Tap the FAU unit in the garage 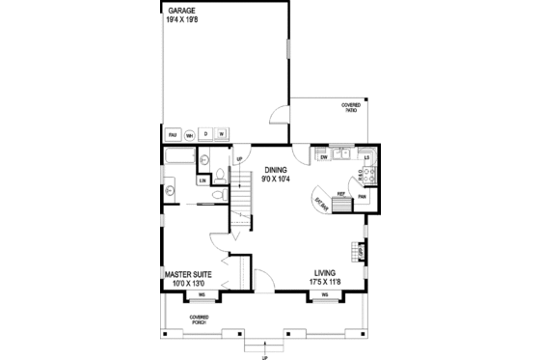click(175, 134)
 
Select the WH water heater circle click(191, 134)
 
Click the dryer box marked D click(205, 133)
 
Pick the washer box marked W click(221, 133)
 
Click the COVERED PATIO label click(351, 107)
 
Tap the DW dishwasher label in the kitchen click(325, 156)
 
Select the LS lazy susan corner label click(367, 156)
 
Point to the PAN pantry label click(363, 198)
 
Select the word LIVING click(326, 273)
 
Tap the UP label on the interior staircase click(238, 159)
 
